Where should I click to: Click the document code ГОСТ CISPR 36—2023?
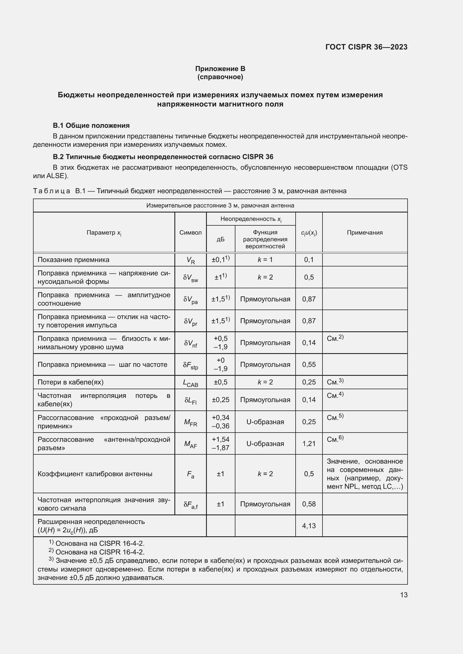[x=366, y=47]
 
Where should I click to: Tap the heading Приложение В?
[x=220, y=69]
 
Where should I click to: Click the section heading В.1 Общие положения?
[x=91, y=126]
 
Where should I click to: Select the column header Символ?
[x=190, y=232]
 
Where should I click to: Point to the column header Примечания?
[x=365, y=232]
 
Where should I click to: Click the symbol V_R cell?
[x=190, y=260]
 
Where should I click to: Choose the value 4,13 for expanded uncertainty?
[x=309, y=526]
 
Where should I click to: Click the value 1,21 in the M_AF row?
[x=309, y=443]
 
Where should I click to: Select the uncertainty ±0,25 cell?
[x=220, y=400]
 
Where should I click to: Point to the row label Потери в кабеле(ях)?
[x=71, y=382]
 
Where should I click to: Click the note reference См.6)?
[x=335, y=439]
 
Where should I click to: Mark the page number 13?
[x=404, y=595]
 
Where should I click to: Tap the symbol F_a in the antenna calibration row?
[x=190, y=474]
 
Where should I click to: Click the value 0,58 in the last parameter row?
[x=309, y=504]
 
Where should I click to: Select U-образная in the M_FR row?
[x=265, y=422]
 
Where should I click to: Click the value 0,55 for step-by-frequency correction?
[x=309, y=365]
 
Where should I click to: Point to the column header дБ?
[x=220, y=239]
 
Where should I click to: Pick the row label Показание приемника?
[x=74, y=260]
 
